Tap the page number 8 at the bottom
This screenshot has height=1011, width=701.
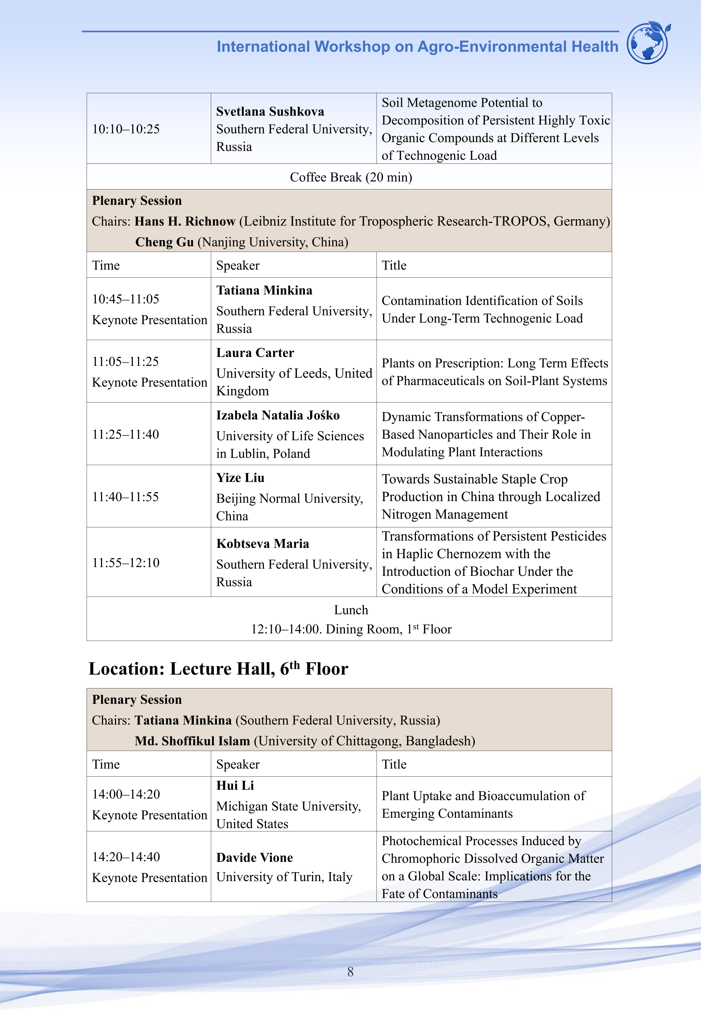(350, 972)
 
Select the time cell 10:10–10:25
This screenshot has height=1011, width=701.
(126, 129)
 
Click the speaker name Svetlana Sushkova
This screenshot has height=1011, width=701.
(270, 111)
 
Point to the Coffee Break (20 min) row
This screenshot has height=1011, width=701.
(350, 177)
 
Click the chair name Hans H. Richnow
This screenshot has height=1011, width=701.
(185, 221)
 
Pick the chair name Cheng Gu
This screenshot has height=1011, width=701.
(164, 242)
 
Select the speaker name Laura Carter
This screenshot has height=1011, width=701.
(255, 353)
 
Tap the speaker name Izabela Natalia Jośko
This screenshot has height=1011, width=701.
(278, 415)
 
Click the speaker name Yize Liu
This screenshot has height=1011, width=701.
(240, 477)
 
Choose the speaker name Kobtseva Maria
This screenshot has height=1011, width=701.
(263, 544)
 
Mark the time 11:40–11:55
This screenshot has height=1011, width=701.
(125, 497)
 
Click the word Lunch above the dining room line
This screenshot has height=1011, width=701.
(351, 610)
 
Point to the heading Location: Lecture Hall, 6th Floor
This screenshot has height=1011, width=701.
(218, 669)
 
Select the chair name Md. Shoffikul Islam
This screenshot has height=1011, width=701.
(192, 741)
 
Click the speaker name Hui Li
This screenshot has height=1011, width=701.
(235, 786)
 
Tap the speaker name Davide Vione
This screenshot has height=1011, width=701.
(254, 857)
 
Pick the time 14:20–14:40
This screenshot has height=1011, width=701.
(126, 856)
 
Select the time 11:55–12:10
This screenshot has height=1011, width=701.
(126, 563)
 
